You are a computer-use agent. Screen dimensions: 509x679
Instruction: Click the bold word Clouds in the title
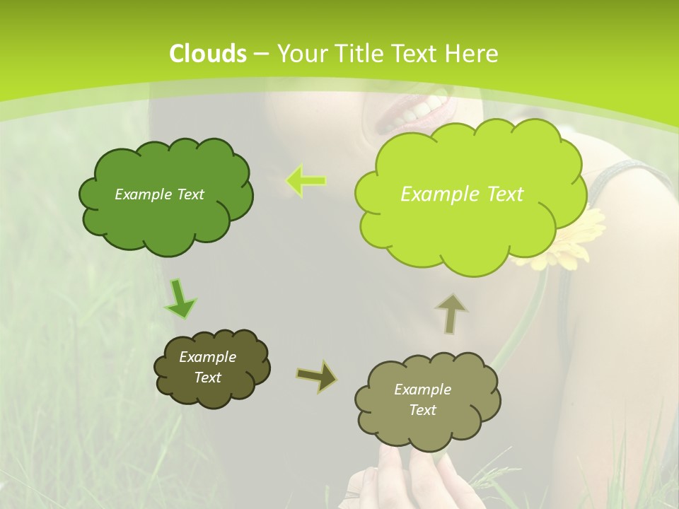[208, 54]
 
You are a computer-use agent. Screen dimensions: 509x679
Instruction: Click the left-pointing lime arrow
[306, 181]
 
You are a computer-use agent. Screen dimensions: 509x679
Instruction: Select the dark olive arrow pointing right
[317, 376]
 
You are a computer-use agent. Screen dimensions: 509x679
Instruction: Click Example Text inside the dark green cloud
[159, 194]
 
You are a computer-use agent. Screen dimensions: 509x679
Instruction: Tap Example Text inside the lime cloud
[462, 194]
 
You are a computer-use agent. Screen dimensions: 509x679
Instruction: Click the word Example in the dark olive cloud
[207, 357]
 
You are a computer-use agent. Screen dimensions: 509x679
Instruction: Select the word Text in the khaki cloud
[423, 410]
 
